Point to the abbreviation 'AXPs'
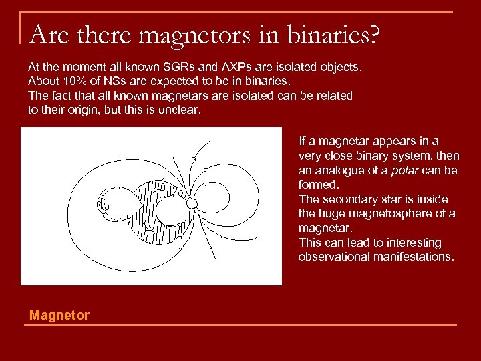click(218, 68)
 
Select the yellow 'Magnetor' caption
click(59, 315)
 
